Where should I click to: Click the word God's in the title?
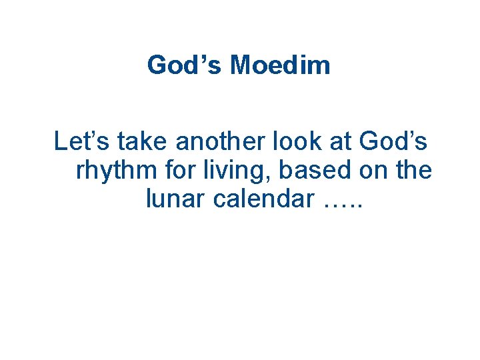click(x=185, y=65)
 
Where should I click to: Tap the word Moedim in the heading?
click(x=280, y=65)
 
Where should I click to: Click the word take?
click(x=137, y=141)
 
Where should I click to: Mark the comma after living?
click(x=269, y=177)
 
